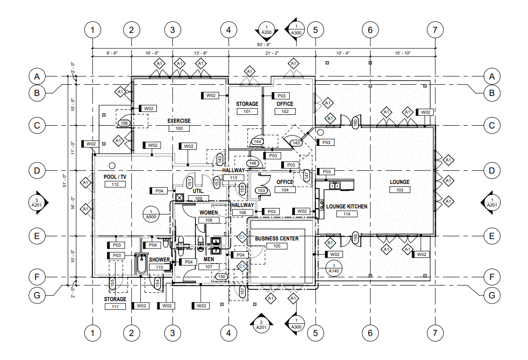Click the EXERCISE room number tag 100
179,128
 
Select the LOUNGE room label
399,182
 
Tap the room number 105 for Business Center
276,246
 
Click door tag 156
124,123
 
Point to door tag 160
356,123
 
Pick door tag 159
356,238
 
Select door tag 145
296,143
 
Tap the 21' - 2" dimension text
272,54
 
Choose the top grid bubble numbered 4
228,30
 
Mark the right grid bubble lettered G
492,296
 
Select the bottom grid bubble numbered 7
435,333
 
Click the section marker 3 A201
36,202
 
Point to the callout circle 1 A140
334,268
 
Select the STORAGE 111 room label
115,299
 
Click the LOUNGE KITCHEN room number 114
347,214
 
